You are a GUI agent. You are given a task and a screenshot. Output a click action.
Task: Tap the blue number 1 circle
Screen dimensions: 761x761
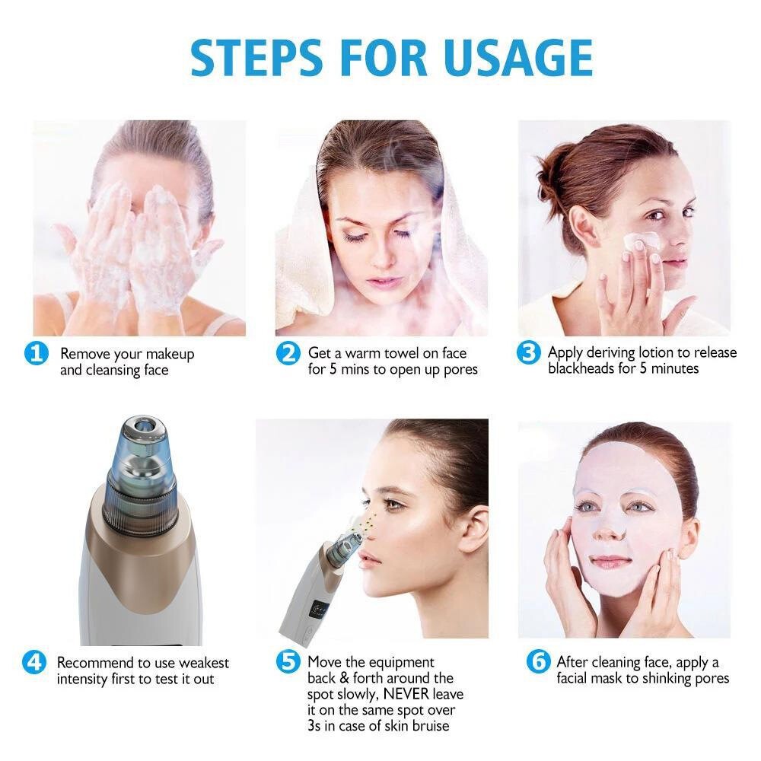[x=37, y=355]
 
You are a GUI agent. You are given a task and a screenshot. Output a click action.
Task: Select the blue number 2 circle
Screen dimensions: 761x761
[x=288, y=354]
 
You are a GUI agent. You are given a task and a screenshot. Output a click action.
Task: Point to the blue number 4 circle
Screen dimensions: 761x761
[x=35, y=662]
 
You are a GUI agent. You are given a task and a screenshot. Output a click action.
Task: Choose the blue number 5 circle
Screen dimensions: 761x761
[x=288, y=662]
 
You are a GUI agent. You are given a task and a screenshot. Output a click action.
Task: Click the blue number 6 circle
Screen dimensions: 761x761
[x=538, y=662]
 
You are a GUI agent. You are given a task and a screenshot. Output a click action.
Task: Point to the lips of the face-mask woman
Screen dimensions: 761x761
[x=611, y=562]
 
